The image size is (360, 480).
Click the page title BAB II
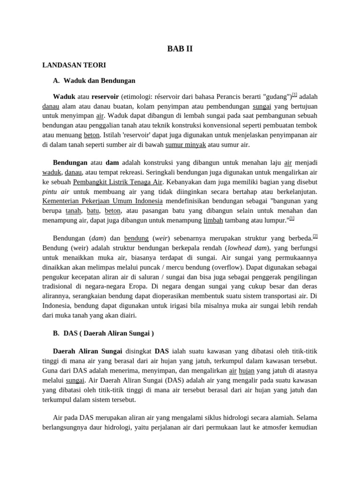pyautogui.click(x=180, y=49)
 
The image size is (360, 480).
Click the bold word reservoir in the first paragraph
pyautogui.click(x=105, y=97)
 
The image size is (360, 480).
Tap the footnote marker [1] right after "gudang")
pyautogui.click(x=294, y=95)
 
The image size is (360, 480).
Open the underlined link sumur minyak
pyautogui.click(x=186, y=145)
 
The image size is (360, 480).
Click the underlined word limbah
pyautogui.click(x=213, y=220)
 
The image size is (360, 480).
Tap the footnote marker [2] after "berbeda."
pyautogui.click(x=315, y=236)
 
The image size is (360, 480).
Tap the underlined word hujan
pyautogui.click(x=247, y=370)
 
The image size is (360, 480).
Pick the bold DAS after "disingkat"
pyautogui.click(x=162, y=351)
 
